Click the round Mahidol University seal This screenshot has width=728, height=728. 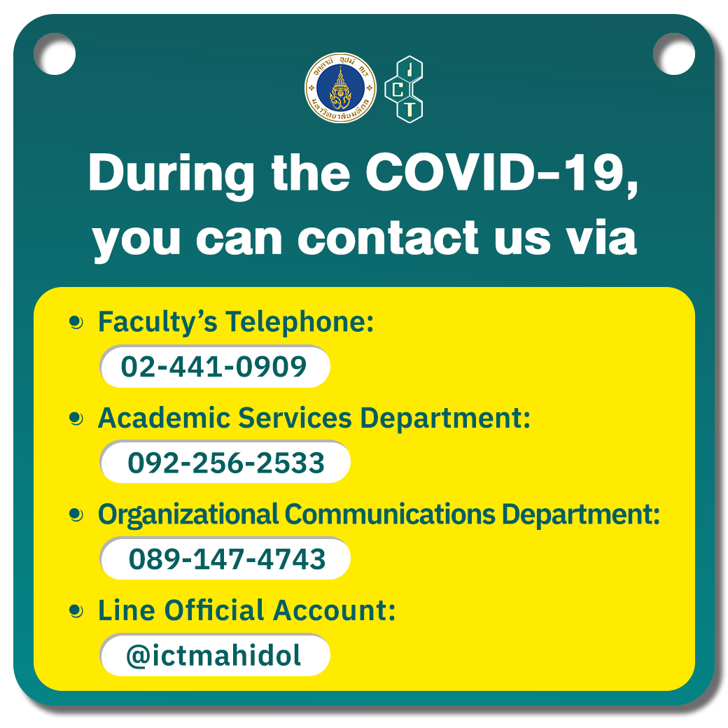tap(340, 87)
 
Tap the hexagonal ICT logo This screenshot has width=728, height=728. tap(404, 89)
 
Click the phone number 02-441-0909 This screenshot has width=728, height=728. tap(214, 367)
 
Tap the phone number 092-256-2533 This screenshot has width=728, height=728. tap(226, 463)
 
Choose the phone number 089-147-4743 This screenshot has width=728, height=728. tap(227, 559)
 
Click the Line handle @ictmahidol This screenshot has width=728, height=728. tap(213, 656)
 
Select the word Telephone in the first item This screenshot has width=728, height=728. tap(300, 322)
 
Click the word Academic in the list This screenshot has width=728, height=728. tap(164, 418)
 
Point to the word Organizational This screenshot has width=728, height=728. tap(188, 515)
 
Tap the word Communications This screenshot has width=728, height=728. tap(390, 514)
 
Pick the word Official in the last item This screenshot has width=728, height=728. tap(214, 610)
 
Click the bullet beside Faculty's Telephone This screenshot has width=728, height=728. tap(76, 322)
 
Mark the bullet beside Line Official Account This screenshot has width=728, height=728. tap(76, 611)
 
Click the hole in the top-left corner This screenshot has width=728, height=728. tap(55, 54)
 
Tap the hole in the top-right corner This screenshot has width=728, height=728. tap(674, 54)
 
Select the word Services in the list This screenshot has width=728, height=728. tap(295, 418)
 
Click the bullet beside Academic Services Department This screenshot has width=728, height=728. tap(76, 419)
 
